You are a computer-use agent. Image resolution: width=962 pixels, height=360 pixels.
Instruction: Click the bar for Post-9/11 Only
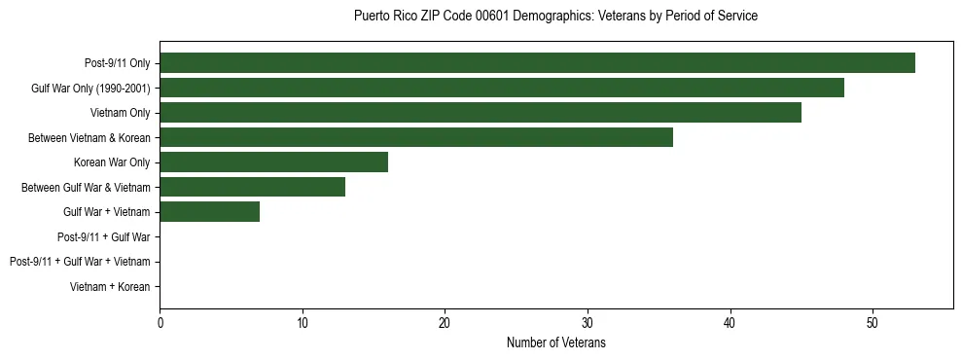coord(537,63)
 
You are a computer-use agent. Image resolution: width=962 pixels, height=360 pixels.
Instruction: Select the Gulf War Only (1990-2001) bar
coord(502,88)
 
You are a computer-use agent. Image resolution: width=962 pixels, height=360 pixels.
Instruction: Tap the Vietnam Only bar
coord(481,113)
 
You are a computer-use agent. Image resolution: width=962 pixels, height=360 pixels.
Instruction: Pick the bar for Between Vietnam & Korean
coord(416,137)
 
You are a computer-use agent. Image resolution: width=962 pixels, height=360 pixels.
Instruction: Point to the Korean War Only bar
coord(273,162)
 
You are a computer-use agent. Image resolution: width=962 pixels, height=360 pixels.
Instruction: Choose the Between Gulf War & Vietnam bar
coord(252,187)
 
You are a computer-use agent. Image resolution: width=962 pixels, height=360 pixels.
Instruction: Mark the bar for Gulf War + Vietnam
coord(209,211)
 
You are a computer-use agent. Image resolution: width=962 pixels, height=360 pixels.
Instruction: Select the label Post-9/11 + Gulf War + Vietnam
coord(80,261)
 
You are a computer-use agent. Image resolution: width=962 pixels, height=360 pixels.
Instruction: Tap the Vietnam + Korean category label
coord(110,286)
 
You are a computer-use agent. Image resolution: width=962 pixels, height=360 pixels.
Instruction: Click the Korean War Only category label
coord(112,162)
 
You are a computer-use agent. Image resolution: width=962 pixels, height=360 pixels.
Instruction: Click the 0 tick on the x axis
coord(160,322)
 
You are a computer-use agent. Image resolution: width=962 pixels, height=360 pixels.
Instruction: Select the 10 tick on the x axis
coord(303,322)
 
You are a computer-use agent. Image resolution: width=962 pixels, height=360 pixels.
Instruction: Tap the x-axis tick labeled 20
coord(445,322)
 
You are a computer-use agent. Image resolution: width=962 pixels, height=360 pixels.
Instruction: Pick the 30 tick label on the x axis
coord(588,322)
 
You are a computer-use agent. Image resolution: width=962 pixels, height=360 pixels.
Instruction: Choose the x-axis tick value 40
coord(730,322)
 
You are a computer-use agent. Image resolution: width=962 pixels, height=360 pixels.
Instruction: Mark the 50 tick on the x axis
coord(873,322)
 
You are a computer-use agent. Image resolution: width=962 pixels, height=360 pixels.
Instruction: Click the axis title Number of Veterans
coord(555,342)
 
